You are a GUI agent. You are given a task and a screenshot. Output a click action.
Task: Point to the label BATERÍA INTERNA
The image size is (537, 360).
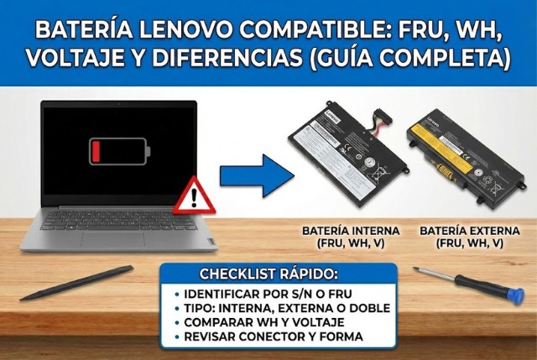pos(351,230)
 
